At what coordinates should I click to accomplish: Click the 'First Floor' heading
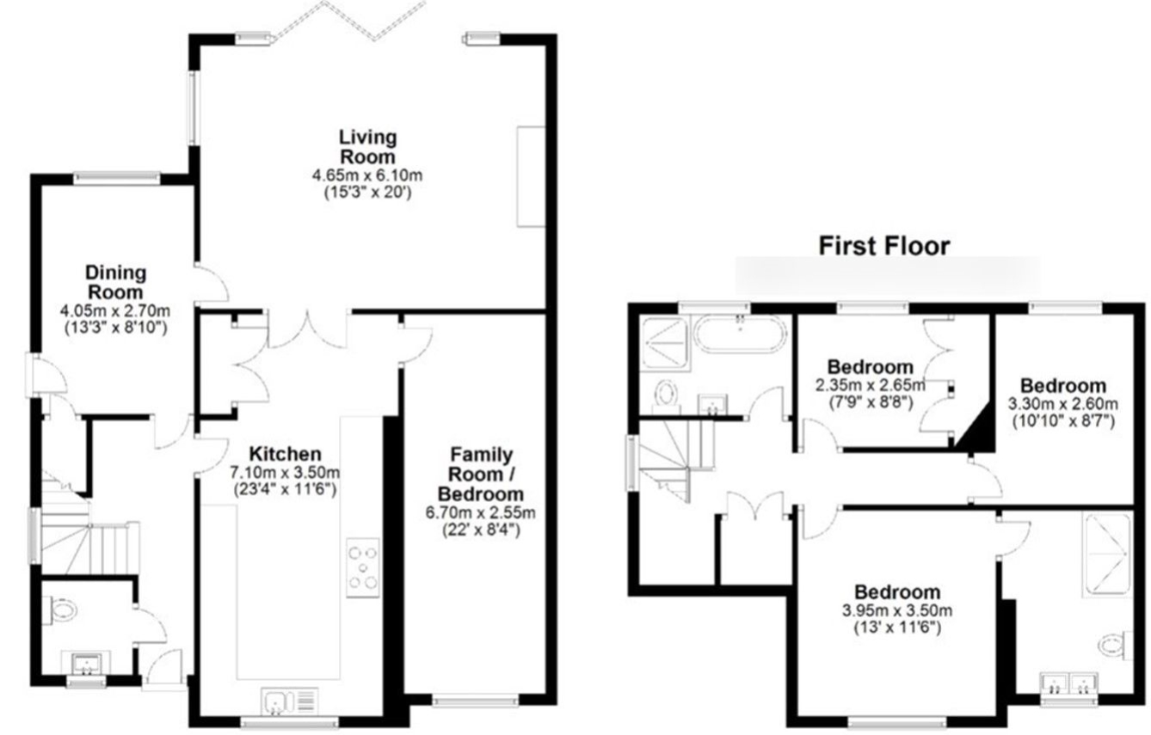(883, 246)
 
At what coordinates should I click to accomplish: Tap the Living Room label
(367, 147)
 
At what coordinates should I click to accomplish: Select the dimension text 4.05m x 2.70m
(115, 310)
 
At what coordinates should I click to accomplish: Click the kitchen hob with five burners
(363, 567)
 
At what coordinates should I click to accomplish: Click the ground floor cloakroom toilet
(60, 610)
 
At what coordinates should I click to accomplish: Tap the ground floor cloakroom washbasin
(85, 664)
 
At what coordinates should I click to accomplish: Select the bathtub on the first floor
(740, 334)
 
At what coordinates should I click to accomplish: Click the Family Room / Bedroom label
(481, 475)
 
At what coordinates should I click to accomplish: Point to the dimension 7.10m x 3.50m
(285, 472)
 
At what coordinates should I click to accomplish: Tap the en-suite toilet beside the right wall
(1116, 645)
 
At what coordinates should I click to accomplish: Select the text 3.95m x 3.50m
(897, 610)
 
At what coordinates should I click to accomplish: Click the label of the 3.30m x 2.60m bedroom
(1063, 386)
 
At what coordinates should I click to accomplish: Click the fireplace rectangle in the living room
(531, 176)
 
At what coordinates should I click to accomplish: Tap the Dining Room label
(115, 283)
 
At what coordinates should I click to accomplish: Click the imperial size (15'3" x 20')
(368, 193)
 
